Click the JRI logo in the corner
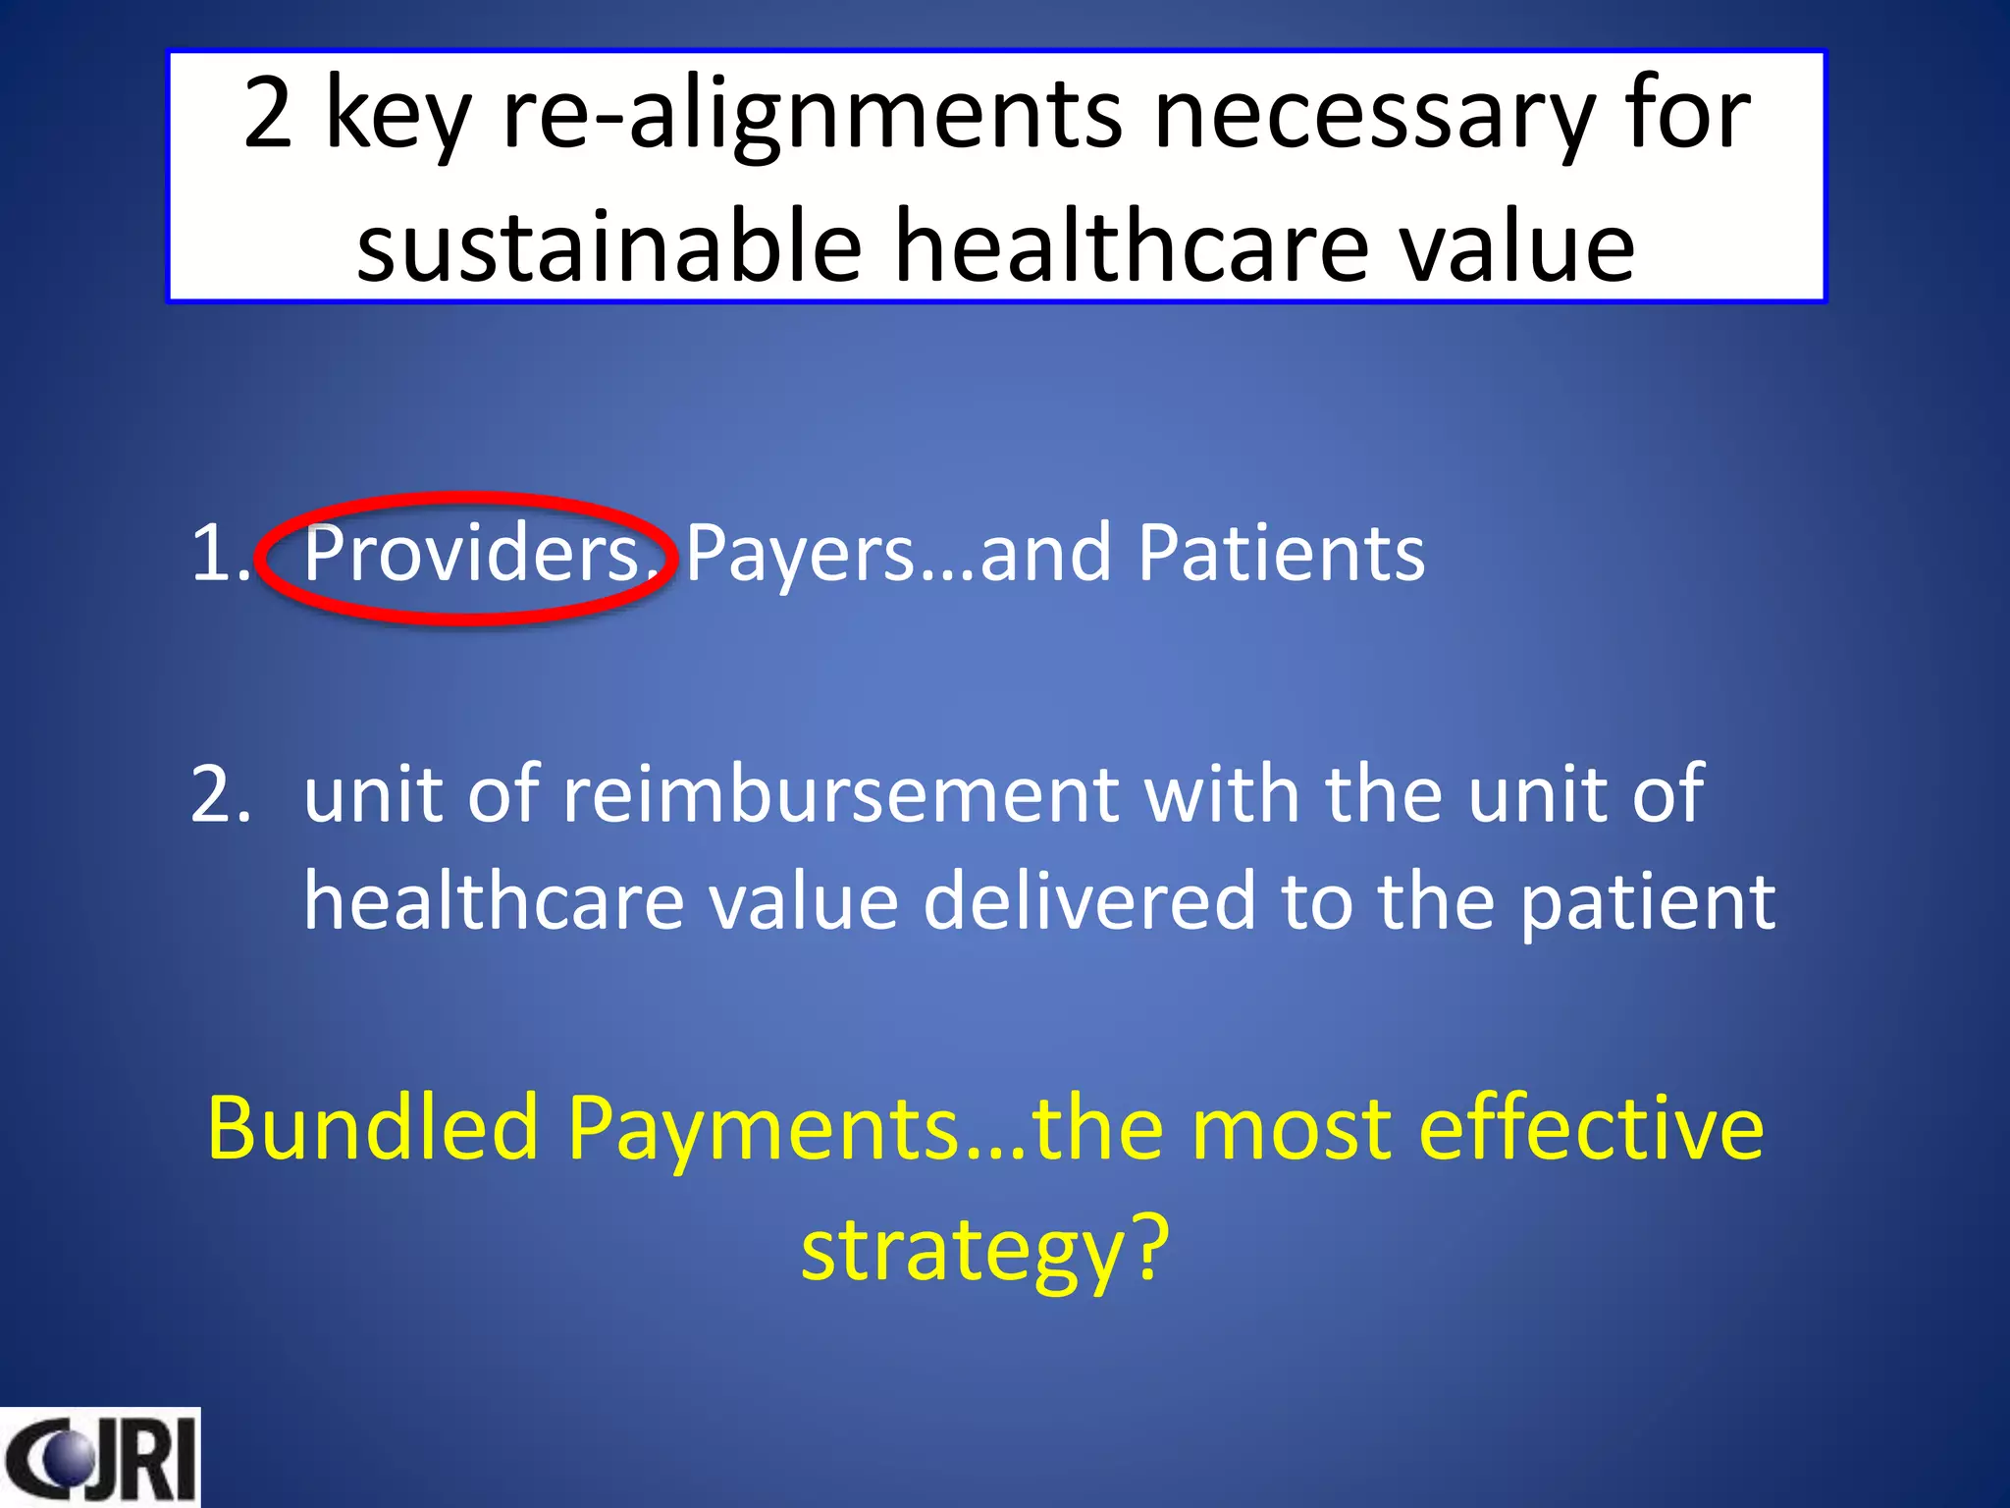[x=100, y=1458]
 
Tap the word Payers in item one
[x=800, y=556]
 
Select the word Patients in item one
[x=1281, y=554]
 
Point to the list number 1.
[x=218, y=554]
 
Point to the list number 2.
[x=220, y=794]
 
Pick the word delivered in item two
[x=1089, y=901]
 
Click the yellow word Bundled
[x=373, y=1128]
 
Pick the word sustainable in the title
[x=609, y=246]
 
